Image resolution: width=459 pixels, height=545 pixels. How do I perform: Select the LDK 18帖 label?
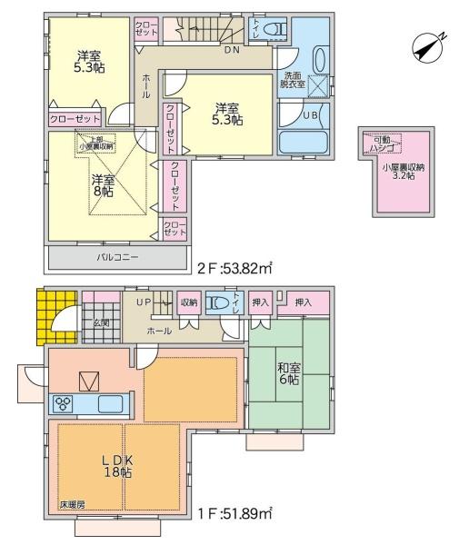click(x=116, y=466)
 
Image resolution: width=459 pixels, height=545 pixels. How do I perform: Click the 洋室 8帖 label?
click(x=101, y=185)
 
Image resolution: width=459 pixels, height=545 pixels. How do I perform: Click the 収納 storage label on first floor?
click(x=188, y=303)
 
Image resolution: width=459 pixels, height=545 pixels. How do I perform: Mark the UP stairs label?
click(x=144, y=301)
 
